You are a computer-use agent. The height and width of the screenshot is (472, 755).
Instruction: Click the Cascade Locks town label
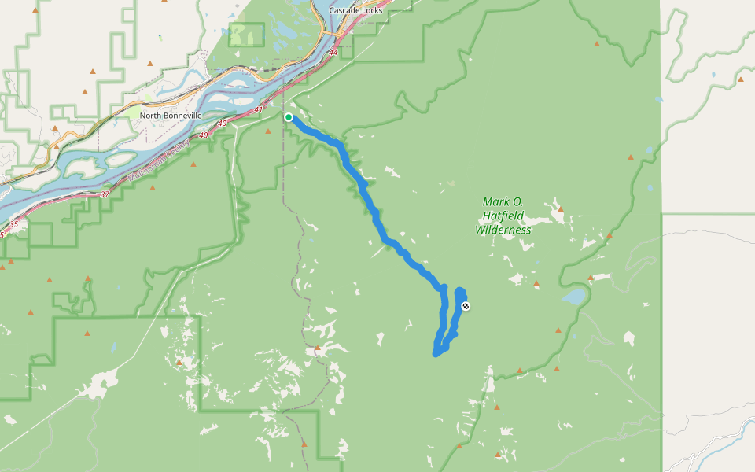tap(355, 10)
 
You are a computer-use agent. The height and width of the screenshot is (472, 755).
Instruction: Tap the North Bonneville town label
tap(171, 116)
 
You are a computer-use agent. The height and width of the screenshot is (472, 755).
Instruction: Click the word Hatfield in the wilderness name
tap(502, 216)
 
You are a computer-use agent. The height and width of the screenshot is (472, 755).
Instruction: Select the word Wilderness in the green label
tap(503, 230)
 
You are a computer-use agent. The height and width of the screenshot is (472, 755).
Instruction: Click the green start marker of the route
tap(289, 117)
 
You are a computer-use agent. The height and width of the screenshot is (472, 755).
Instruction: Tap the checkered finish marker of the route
tap(466, 306)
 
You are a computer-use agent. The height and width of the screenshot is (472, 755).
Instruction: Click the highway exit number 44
tap(333, 53)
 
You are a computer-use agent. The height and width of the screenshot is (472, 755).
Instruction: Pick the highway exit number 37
tap(105, 194)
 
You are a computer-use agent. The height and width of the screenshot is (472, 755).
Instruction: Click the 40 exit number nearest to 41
tap(222, 124)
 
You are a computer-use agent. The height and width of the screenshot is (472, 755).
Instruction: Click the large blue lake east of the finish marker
tap(573, 297)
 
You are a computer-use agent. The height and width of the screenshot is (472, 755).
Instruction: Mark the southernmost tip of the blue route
tap(436, 354)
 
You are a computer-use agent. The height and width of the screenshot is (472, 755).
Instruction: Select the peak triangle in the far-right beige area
tap(741, 79)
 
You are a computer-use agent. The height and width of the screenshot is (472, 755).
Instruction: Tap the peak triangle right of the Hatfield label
tap(560, 209)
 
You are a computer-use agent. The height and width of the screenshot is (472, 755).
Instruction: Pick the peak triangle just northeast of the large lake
tap(590, 278)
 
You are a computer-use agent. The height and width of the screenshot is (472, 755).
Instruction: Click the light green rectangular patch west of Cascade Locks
tap(246, 34)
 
